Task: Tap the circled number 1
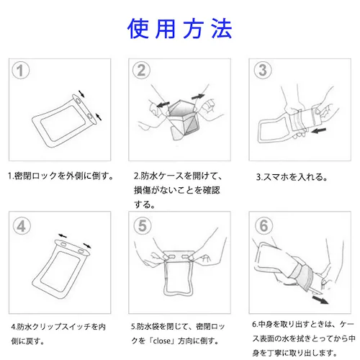[x=22, y=71]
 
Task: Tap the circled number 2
[x=143, y=71]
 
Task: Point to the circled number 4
[x=22, y=225]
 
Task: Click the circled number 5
[x=143, y=225]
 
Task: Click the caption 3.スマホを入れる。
[x=292, y=176]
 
